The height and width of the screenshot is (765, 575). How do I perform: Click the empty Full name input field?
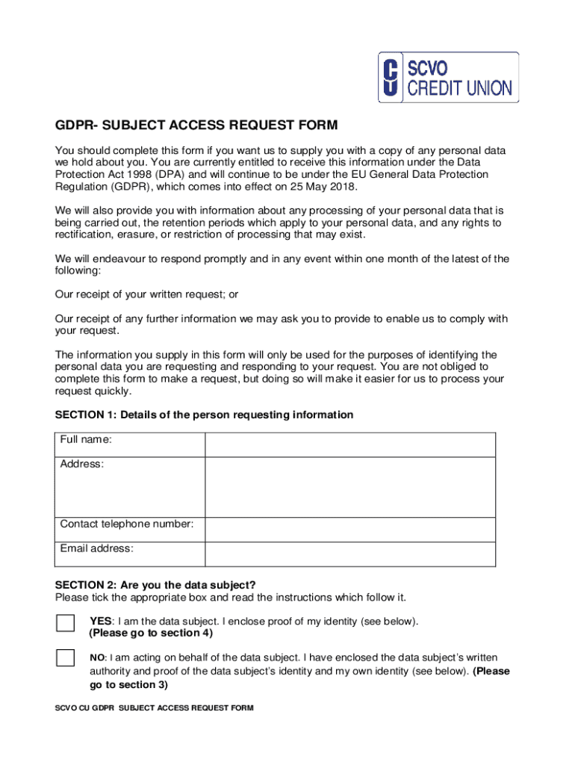pyautogui.click(x=349, y=445)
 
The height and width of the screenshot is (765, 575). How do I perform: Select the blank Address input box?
pyautogui.click(x=349, y=486)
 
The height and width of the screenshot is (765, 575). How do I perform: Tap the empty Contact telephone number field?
pyautogui.click(x=349, y=530)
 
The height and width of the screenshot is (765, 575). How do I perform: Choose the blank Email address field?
pyautogui.click(x=349, y=554)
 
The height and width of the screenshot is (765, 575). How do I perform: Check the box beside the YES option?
pyautogui.click(x=66, y=624)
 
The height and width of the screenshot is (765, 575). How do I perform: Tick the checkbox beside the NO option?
pyautogui.click(x=66, y=658)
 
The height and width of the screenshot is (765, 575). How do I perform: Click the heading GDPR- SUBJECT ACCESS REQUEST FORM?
pyautogui.click(x=196, y=124)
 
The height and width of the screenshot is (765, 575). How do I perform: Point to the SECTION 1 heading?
pyautogui.click(x=204, y=415)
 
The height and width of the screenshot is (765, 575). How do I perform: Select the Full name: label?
pyautogui.click(x=86, y=439)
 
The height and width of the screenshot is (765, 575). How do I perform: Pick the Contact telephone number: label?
pyautogui.click(x=127, y=524)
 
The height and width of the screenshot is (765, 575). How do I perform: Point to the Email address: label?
pyautogui.click(x=97, y=548)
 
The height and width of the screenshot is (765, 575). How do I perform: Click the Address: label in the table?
pyautogui.click(x=82, y=464)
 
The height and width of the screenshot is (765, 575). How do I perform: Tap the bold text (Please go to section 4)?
pyautogui.click(x=151, y=633)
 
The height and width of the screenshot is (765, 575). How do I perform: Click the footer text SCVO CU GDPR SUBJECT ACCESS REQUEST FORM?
pyautogui.click(x=154, y=708)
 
